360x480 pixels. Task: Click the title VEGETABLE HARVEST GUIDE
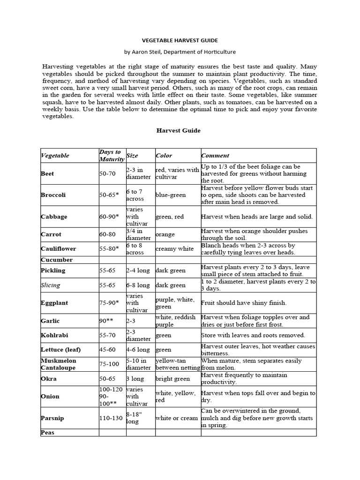[180, 41]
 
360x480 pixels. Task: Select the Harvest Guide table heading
[178, 130]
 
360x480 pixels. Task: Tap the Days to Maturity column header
[111, 155]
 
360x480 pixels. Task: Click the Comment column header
[215, 156]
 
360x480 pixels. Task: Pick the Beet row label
[48, 173]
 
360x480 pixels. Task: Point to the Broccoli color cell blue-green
[171, 195]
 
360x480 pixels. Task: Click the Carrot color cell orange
[165, 234]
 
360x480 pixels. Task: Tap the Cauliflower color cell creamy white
[175, 249]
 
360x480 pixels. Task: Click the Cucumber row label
[57, 260]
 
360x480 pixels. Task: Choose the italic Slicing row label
[51, 285]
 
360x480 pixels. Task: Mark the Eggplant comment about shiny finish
[243, 303]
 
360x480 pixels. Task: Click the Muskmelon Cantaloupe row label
[59, 364]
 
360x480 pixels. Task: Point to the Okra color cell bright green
[172, 379]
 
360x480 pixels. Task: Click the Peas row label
[48, 433]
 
